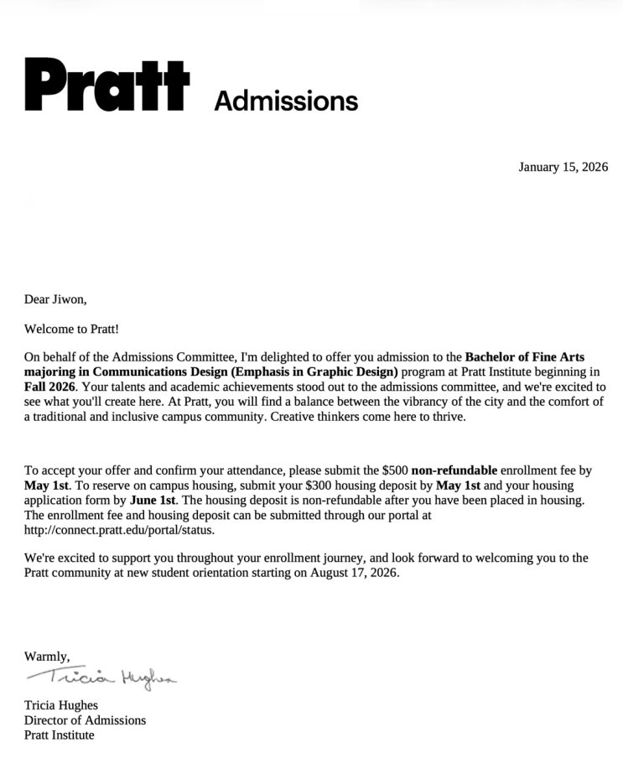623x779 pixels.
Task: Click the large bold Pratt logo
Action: click(x=107, y=85)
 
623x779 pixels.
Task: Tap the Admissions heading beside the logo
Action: click(x=286, y=101)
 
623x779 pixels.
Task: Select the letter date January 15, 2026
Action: click(x=563, y=167)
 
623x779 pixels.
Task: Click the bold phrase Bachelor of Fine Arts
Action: click(x=525, y=357)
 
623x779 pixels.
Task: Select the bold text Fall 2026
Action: click(x=49, y=387)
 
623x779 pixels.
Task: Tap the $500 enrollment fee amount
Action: click(x=394, y=470)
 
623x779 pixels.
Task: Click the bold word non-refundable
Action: click(x=454, y=470)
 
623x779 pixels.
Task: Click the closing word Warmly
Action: click(x=46, y=656)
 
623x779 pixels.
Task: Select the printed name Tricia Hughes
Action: click(x=61, y=705)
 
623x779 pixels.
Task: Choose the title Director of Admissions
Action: click(x=85, y=720)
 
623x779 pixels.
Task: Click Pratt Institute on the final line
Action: click(x=59, y=735)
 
